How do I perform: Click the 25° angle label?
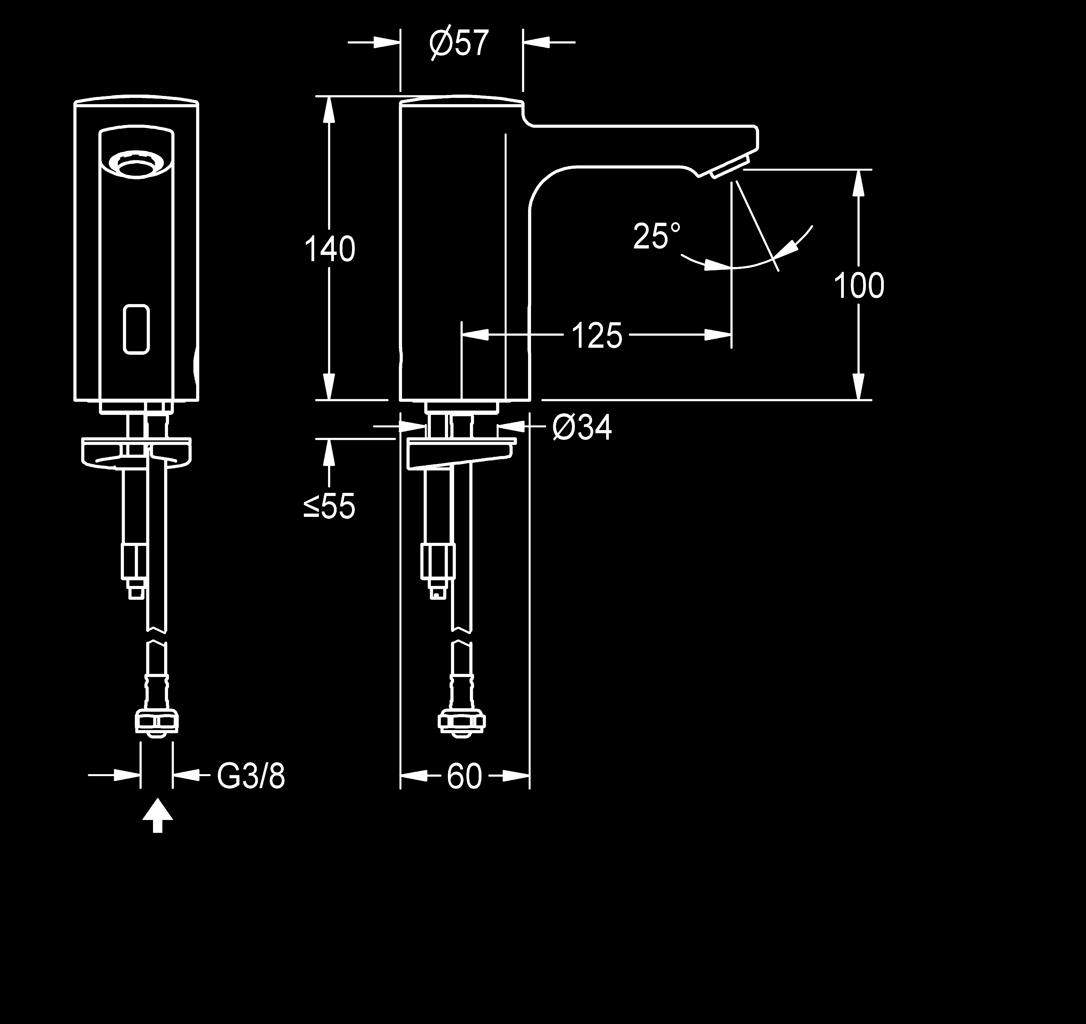[x=657, y=236]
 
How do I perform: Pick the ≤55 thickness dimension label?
[x=329, y=506]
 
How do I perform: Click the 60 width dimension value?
[x=464, y=776]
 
